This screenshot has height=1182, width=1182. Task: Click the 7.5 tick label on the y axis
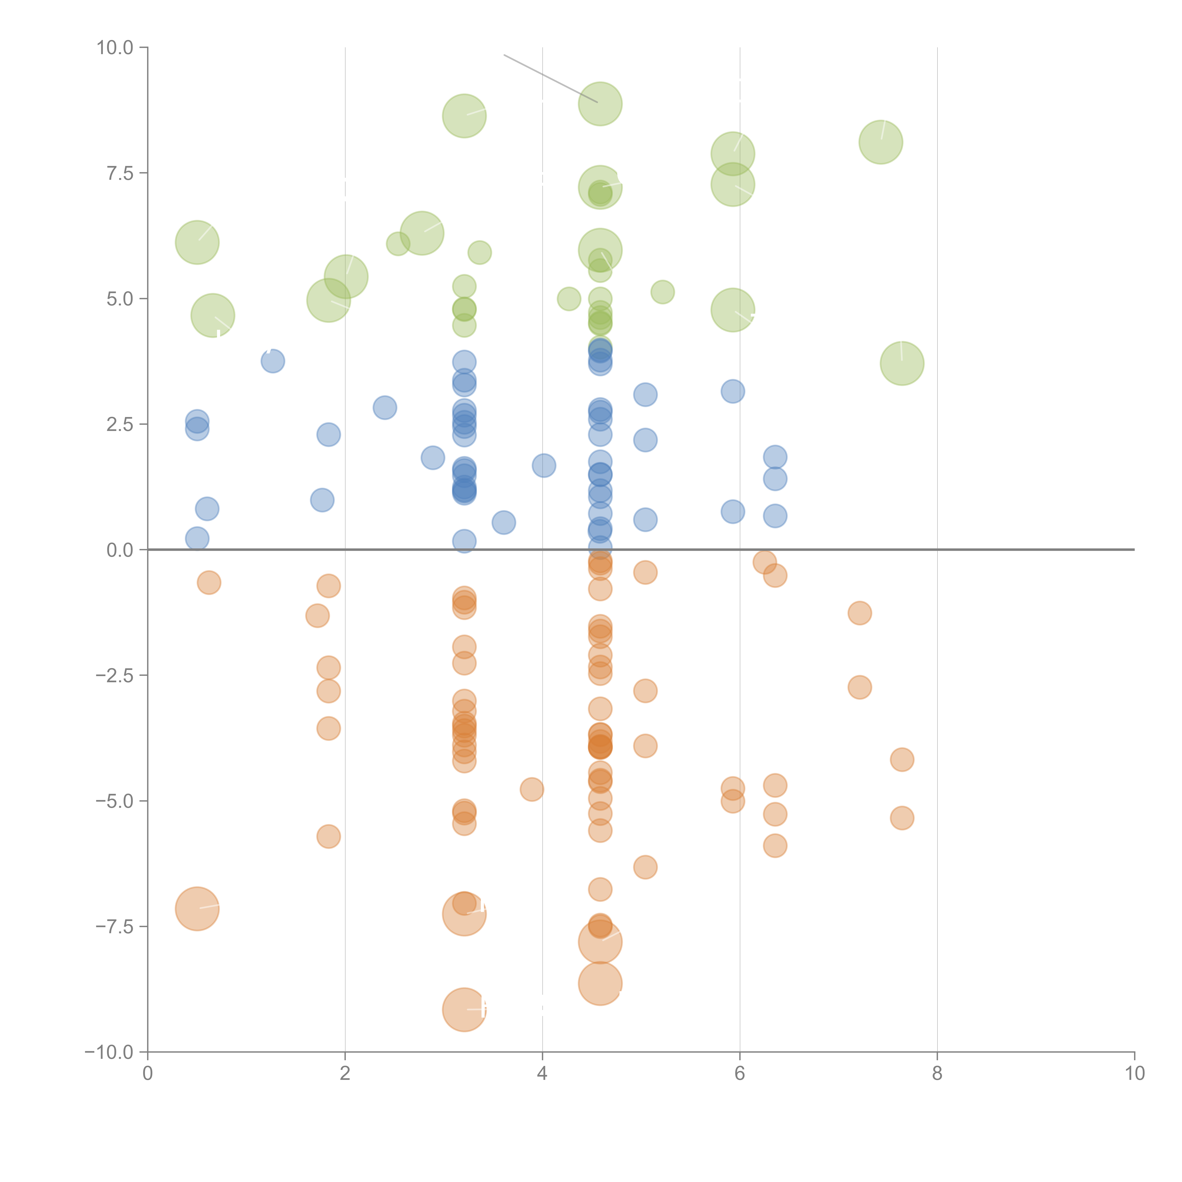tap(120, 173)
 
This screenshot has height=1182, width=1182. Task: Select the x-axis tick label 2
tap(345, 1074)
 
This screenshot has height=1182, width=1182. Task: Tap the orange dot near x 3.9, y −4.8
tap(532, 789)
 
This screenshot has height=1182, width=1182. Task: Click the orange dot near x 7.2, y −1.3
tap(860, 613)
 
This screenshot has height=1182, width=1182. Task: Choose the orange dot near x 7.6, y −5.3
tap(902, 818)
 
